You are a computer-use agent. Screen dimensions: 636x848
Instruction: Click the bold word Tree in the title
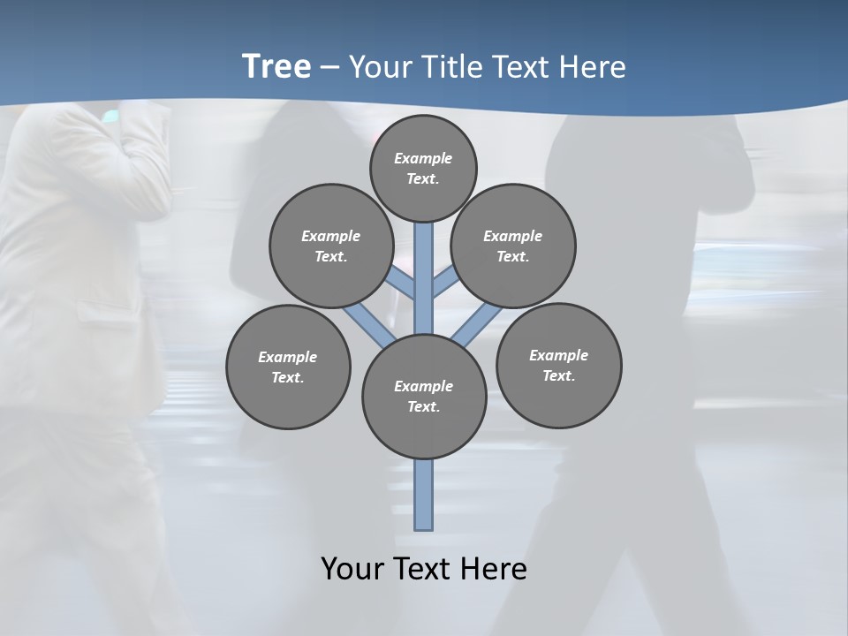point(276,67)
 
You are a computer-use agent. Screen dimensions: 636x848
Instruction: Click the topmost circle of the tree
point(423,168)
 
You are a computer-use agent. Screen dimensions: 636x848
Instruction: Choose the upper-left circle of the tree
point(330,246)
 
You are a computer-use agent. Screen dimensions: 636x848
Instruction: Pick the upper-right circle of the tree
point(513,246)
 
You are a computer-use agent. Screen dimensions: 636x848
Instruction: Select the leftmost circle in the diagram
point(288,367)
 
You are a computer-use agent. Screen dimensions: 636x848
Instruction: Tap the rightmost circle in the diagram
point(558,366)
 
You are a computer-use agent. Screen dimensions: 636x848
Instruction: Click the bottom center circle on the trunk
point(424,397)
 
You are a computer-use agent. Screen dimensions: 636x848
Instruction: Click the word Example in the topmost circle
point(423,158)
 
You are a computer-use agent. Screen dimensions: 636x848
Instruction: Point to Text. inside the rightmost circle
point(558,375)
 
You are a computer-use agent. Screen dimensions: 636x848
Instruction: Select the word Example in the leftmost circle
point(287,357)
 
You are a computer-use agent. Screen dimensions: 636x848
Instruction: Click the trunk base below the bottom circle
point(424,495)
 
